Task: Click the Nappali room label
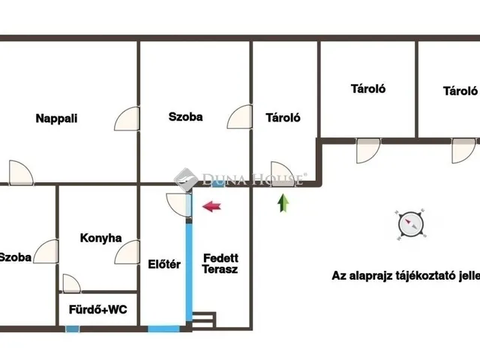click(56, 118)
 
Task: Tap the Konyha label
click(100, 238)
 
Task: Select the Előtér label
click(164, 264)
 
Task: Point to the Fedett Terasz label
click(220, 263)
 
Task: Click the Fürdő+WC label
click(98, 310)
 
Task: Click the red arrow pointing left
click(211, 206)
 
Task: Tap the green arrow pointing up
click(283, 203)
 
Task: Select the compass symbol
click(411, 225)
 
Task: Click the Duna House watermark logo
click(185, 179)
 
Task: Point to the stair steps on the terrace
click(204, 320)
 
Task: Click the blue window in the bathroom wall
click(72, 329)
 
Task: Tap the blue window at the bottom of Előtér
click(163, 329)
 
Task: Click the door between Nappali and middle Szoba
click(127, 118)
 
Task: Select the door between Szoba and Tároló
click(240, 117)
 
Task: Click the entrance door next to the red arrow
click(179, 205)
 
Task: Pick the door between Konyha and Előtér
click(127, 252)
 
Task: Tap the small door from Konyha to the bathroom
click(72, 283)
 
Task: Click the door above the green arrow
click(283, 173)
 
